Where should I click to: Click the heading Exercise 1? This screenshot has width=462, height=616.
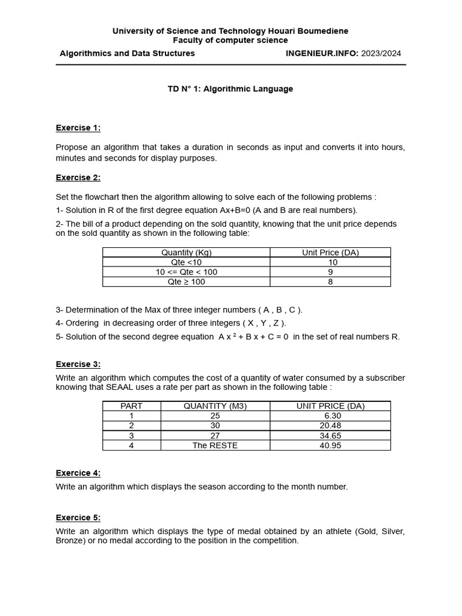pyautogui.click(x=78, y=128)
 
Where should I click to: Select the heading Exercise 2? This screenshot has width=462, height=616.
pyautogui.click(x=78, y=177)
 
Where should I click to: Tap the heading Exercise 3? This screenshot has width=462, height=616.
pyautogui.click(x=78, y=364)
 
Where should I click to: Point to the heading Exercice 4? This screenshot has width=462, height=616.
pyautogui.click(x=78, y=473)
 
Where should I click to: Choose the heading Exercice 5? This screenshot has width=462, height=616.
pyautogui.click(x=78, y=517)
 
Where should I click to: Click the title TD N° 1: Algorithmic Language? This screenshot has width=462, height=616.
pyautogui.click(x=230, y=89)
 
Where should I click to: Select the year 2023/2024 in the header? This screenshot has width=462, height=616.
pyautogui.click(x=381, y=54)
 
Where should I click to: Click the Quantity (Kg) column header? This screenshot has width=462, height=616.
pyautogui.click(x=186, y=253)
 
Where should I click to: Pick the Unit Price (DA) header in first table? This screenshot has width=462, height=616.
pyautogui.click(x=330, y=253)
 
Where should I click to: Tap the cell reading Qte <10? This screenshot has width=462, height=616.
pyautogui.click(x=186, y=262)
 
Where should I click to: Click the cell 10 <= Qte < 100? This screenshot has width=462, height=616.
pyautogui.click(x=186, y=272)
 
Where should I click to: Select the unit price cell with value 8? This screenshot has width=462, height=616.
pyautogui.click(x=330, y=282)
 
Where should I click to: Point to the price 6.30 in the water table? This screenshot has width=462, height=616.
pyautogui.click(x=333, y=416)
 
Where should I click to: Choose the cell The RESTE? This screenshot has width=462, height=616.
pyautogui.click(x=215, y=445)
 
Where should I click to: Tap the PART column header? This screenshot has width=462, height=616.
pyautogui.click(x=131, y=406)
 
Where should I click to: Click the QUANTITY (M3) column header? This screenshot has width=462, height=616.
pyautogui.click(x=215, y=406)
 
